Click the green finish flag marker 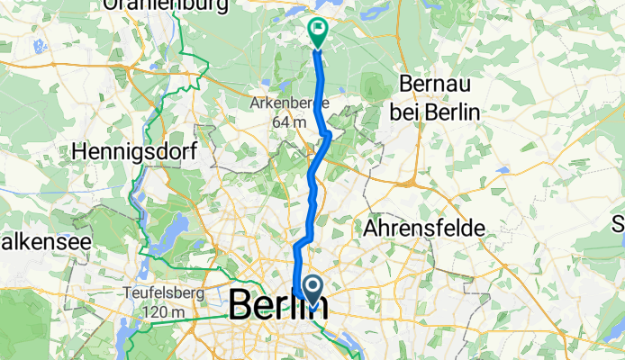tap(319, 31)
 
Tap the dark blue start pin tap(313, 289)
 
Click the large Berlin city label tap(277, 304)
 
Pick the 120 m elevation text tap(163, 310)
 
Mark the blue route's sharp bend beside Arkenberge tap(329, 135)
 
